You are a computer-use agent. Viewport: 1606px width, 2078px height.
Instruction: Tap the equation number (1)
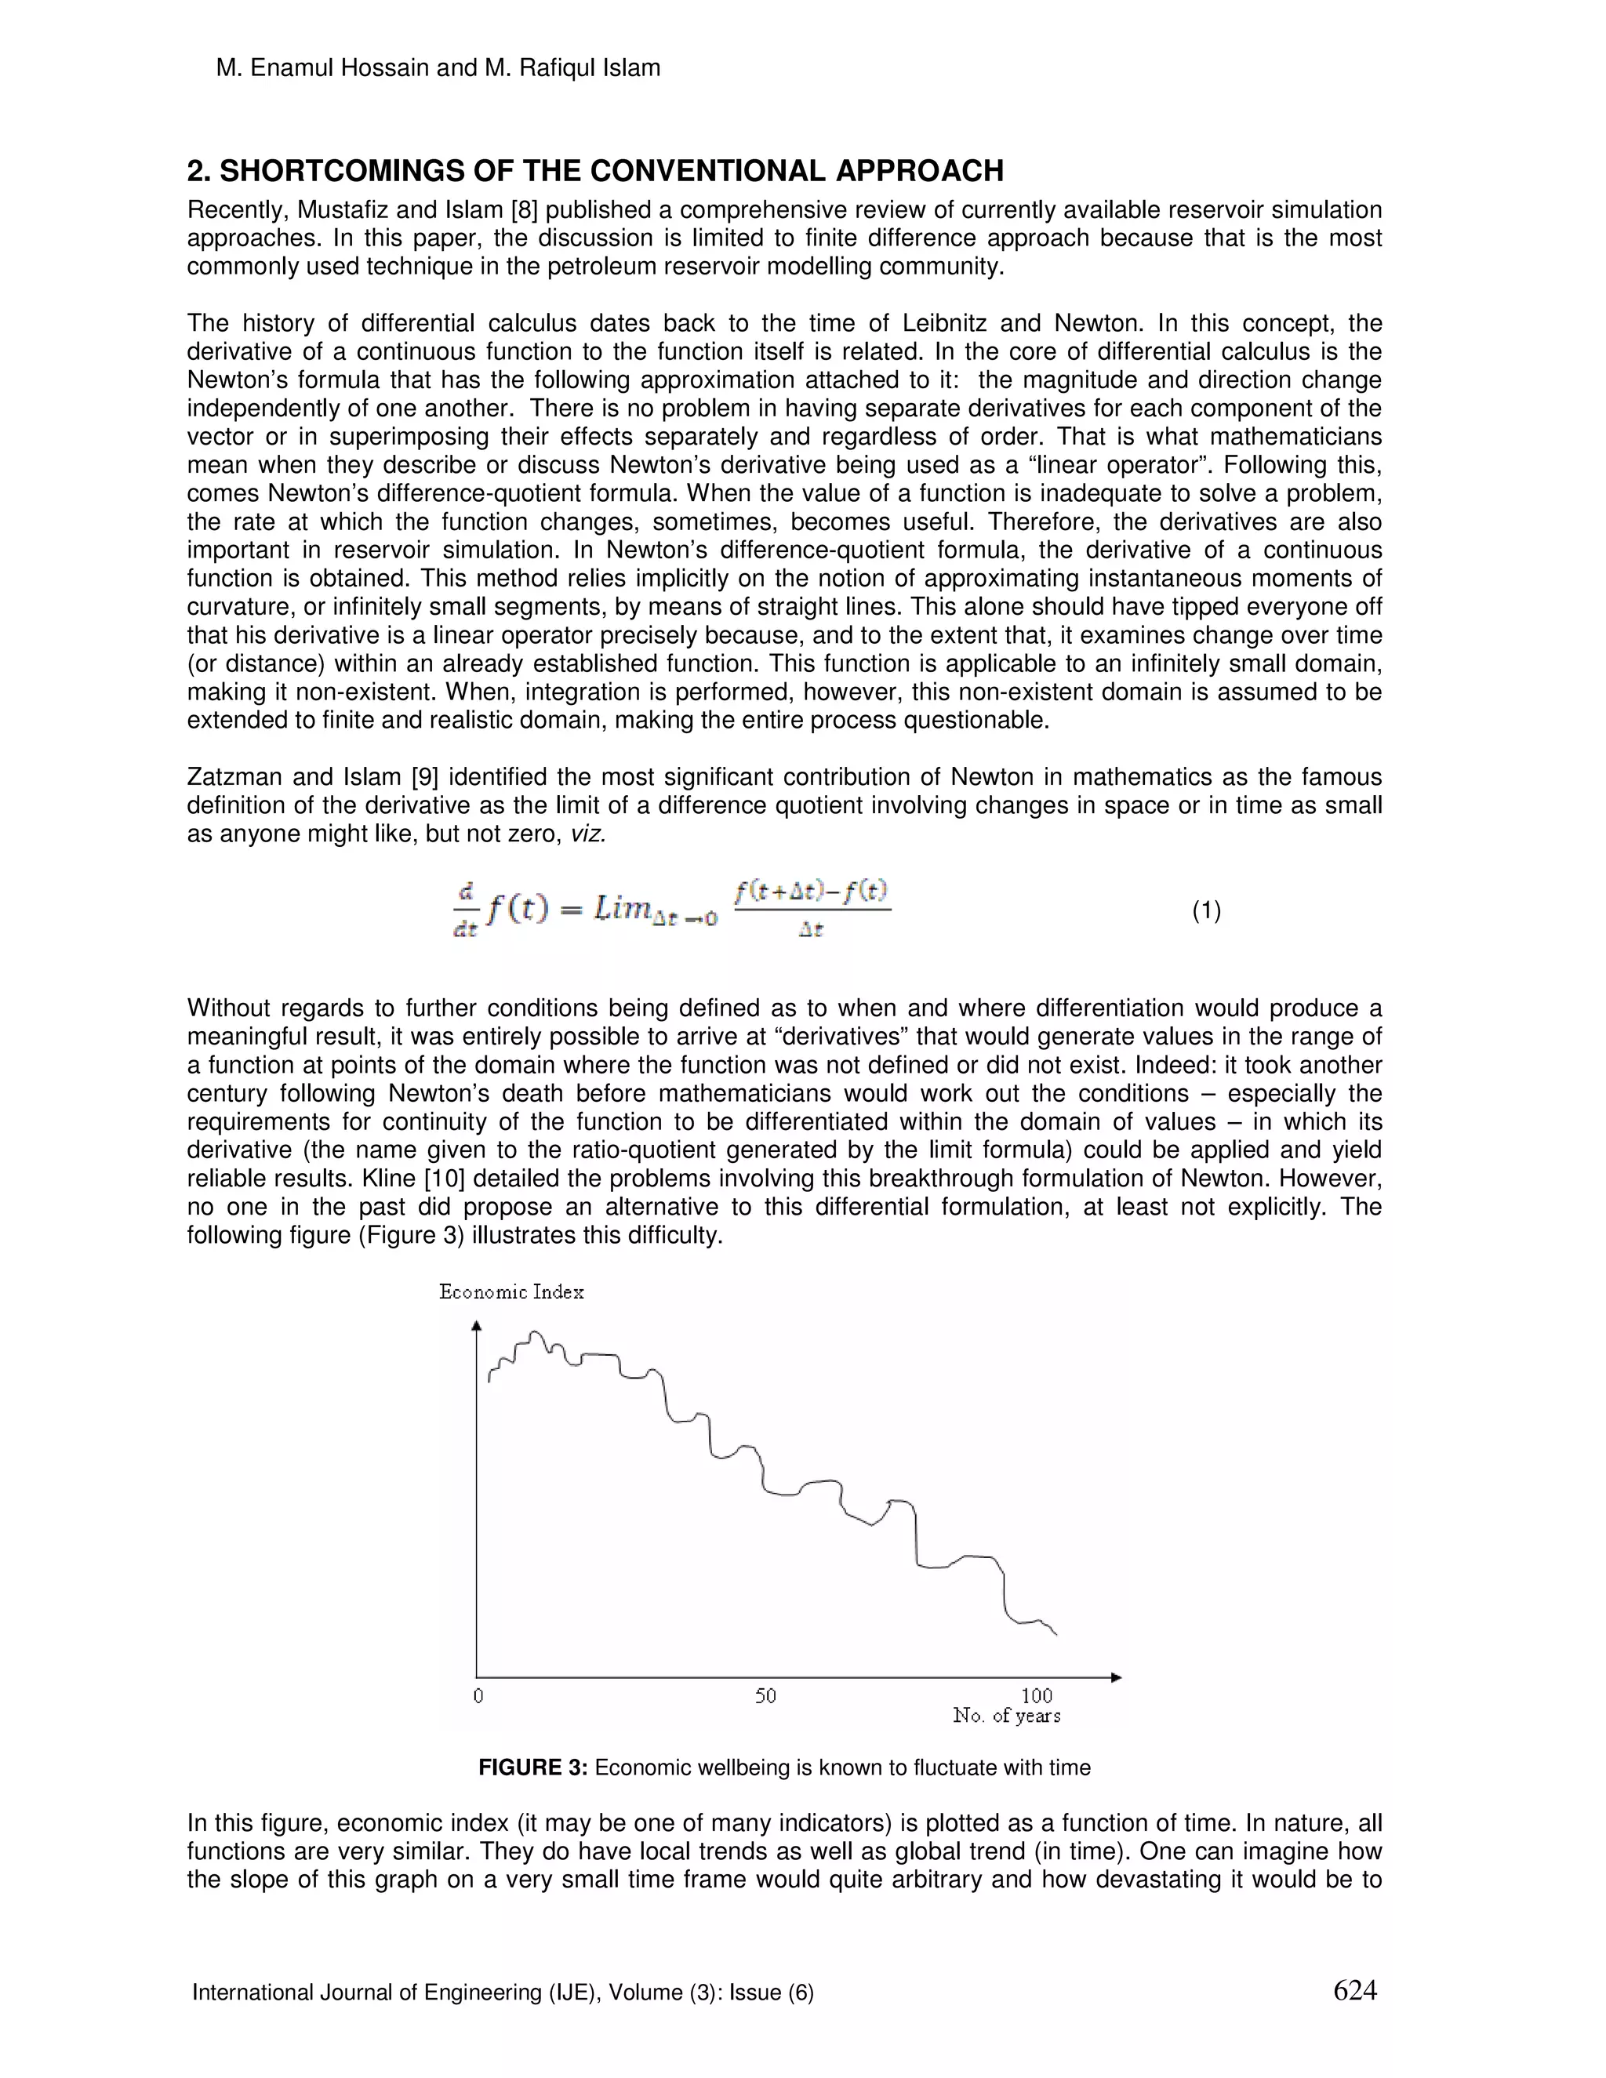click(x=1206, y=910)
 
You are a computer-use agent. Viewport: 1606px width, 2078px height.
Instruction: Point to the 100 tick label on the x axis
click(x=1036, y=1695)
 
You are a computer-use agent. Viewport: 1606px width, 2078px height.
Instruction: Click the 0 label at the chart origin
click(x=478, y=1695)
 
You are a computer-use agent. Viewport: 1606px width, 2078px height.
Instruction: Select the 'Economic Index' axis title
click(x=511, y=1292)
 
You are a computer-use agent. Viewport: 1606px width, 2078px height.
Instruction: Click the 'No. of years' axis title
click(x=1007, y=1716)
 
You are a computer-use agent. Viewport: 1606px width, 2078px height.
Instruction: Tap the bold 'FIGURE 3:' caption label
click(x=532, y=1767)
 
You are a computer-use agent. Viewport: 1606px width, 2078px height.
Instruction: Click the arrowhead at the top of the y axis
click(x=477, y=1324)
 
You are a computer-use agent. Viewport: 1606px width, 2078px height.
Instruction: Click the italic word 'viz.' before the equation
click(x=587, y=834)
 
